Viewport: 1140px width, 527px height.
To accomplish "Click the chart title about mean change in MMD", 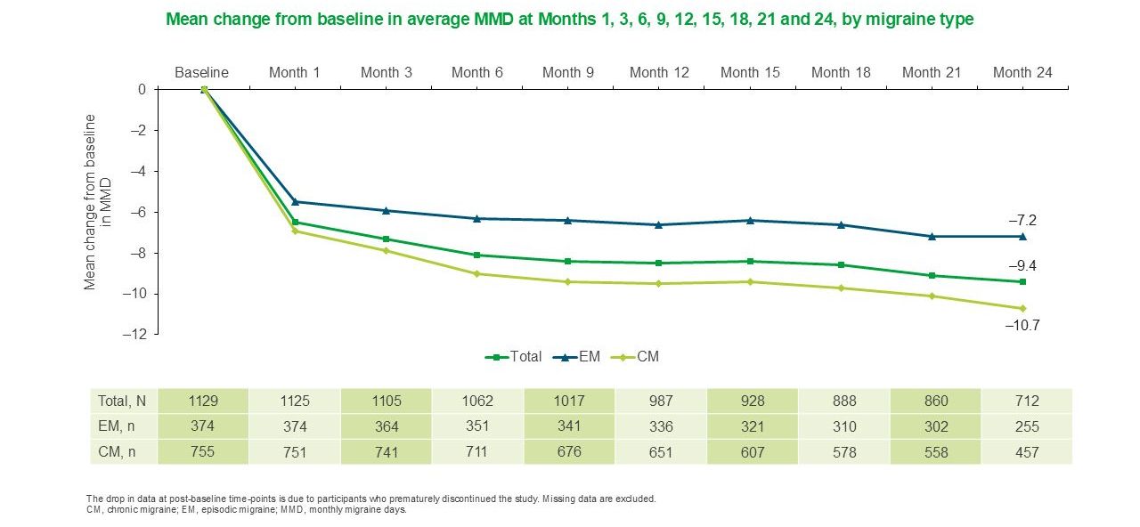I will [x=570, y=19].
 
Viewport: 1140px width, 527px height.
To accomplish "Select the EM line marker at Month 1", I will [x=295, y=202].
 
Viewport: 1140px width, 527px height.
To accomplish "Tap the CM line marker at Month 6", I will [x=476, y=273].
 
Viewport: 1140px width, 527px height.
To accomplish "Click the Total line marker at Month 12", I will [x=658, y=263].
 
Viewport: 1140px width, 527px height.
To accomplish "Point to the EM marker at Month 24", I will [x=1022, y=236].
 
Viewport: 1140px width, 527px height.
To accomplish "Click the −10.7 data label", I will [x=1022, y=326].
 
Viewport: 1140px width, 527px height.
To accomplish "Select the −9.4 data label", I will [x=1022, y=265].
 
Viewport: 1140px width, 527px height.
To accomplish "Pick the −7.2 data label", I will [x=1022, y=220].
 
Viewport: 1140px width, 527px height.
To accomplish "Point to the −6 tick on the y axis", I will [x=140, y=212].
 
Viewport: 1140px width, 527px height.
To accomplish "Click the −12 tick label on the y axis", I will [x=136, y=335].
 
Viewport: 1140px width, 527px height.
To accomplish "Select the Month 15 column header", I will [x=750, y=73].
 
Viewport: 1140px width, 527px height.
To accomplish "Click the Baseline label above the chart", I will [x=202, y=73].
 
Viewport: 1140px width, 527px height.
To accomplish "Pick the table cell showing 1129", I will [x=203, y=401].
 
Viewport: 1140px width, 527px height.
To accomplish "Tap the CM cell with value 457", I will [x=1026, y=452].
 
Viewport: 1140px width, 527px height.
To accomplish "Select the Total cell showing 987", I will [x=659, y=401].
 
